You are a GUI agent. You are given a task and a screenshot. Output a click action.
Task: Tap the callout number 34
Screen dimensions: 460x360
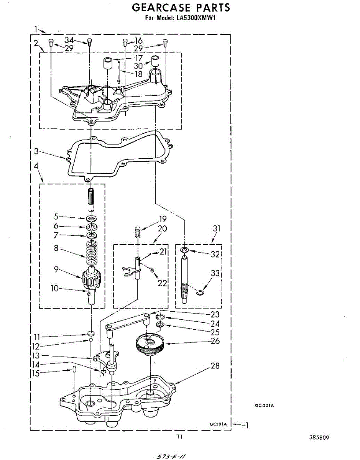(69, 40)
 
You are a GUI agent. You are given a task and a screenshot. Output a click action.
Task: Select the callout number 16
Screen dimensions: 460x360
(138, 41)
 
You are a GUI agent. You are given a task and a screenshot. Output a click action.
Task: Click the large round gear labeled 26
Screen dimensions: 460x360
(150, 344)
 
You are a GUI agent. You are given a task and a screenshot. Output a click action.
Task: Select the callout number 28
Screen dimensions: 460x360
(215, 366)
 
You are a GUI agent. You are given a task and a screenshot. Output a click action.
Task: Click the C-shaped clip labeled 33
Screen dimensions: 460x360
(199, 293)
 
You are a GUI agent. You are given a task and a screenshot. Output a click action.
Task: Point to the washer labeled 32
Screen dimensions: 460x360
(185, 251)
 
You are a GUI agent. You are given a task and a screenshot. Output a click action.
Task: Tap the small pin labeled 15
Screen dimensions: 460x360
(75, 370)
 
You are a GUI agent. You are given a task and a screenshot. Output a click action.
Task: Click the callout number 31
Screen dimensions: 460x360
(217, 228)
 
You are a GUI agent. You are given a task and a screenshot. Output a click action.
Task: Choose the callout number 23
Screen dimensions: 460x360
(215, 314)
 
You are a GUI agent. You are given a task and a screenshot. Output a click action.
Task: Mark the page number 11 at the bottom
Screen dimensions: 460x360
(179, 437)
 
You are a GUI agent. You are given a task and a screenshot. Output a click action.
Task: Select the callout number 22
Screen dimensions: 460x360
(163, 283)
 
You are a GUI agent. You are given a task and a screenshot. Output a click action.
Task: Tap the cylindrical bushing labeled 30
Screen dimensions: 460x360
(155, 61)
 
